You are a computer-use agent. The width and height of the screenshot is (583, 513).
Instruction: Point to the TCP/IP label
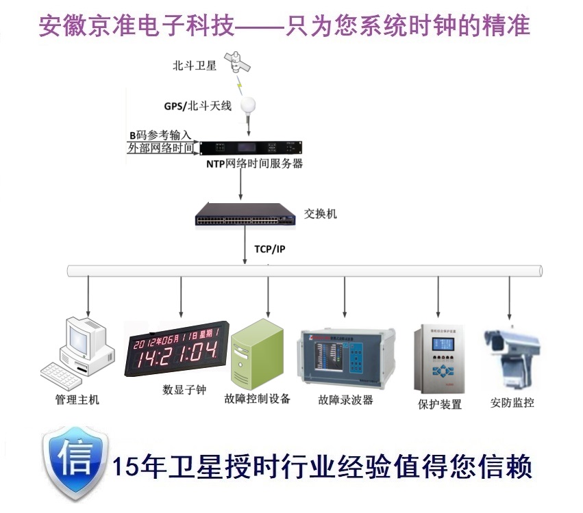pos(270,249)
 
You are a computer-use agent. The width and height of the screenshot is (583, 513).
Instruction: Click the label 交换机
pos(321,214)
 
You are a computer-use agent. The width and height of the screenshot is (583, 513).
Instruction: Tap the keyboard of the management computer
pos(64,373)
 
